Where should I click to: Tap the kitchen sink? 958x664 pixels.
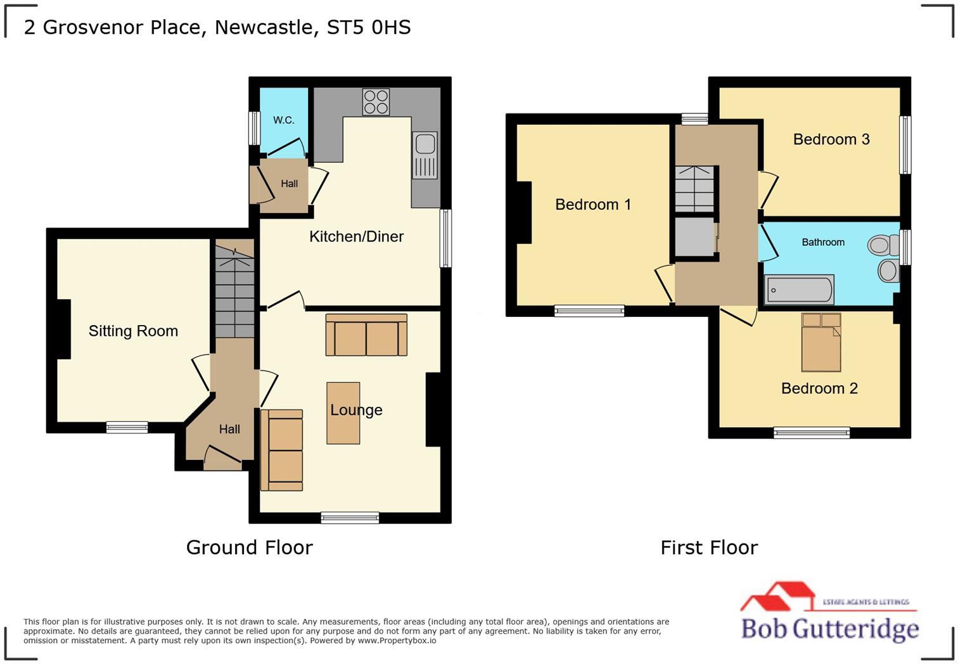pyautogui.click(x=425, y=155)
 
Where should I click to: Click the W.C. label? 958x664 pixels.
pyautogui.click(x=283, y=120)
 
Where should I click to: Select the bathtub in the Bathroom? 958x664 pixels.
pyautogui.click(x=799, y=290)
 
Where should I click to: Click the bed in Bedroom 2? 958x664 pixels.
pyautogui.click(x=821, y=342)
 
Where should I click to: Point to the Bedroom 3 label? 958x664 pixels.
pyautogui.click(x=831, y=139)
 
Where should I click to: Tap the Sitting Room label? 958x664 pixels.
pyautogui.click(x=133, y=331)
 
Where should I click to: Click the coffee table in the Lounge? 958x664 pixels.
pyautogui.click(x=343, y=412)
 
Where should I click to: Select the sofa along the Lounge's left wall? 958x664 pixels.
pyautogui.click(x=282, y=450)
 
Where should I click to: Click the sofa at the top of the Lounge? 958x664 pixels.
pyautogui.click(x=366, y=335)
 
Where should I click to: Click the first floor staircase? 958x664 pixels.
pyautogui.click(x=695, y=189)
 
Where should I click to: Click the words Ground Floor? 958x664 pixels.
pyautogui.click(x=249, y=547)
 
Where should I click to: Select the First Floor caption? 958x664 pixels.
pyautogui.click(x=708, y=547)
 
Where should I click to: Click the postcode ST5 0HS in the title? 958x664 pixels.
pyautogui.click(x=368, y=27)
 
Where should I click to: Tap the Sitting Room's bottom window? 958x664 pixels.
pyautogui.click(x=127, y=428)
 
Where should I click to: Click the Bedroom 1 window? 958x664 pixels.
pyautogui.click(x=589, y=310)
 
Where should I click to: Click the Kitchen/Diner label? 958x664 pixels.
pyautogui.click(x=356, y=236)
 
